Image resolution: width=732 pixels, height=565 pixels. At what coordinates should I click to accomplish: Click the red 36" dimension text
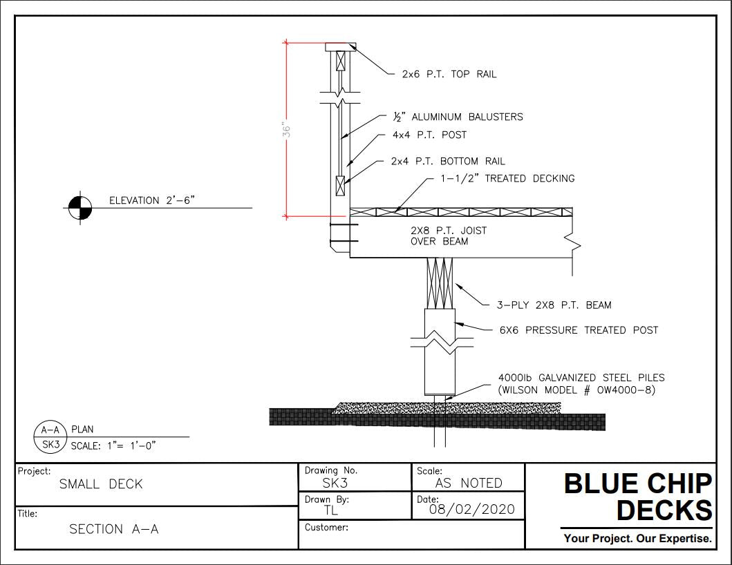click(288, 130)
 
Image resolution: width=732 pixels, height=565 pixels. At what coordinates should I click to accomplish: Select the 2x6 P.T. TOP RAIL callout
click(449, 74)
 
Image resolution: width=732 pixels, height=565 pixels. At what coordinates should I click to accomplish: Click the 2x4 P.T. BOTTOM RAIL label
click(448, 161)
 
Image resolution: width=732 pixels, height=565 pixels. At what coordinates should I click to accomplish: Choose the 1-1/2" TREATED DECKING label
click(507, 178)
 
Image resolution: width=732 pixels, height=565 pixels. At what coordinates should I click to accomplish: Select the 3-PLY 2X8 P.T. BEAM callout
click(554, 305)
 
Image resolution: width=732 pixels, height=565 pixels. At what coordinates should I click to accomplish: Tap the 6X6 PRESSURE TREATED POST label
click(579, 330)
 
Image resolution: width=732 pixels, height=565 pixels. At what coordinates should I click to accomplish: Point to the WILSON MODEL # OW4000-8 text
click(576, 390)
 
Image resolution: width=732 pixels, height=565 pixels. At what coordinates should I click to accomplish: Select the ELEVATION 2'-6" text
click(153, 200)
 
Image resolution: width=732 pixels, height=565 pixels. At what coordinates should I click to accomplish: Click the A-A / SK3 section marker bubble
click(50, 437)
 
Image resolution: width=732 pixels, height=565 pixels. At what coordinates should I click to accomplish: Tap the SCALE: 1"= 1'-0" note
click(113, 445)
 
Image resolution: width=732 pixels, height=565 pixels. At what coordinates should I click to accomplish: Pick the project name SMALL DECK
click(101, 484)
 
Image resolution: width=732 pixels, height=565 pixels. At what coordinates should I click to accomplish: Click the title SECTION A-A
click(114, 529)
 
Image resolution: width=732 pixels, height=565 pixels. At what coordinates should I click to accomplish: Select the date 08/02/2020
click(472, 510)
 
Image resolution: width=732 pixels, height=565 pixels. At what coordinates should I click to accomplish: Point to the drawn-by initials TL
click(331, 511)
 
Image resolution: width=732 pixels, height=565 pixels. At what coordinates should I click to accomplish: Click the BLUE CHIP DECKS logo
click(637, 497)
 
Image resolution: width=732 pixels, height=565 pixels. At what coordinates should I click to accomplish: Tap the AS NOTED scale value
click(469, 483)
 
